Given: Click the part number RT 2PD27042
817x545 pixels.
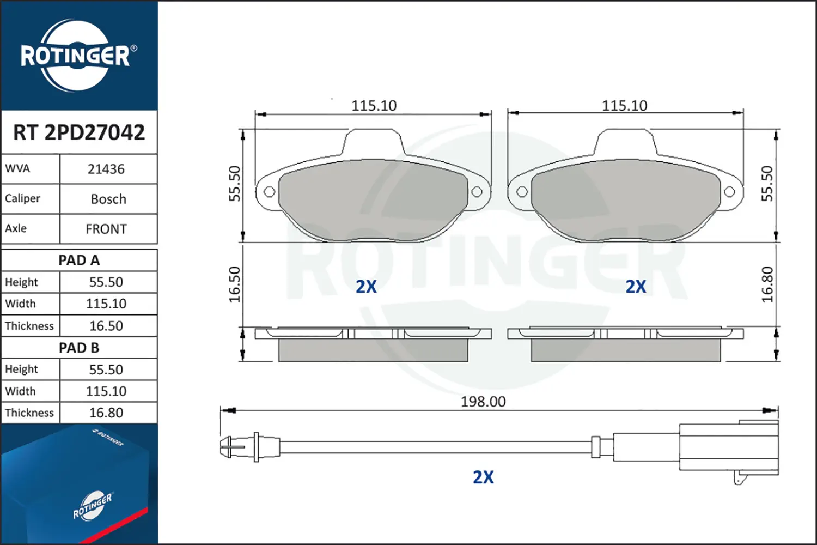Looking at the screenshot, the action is [x=79, y=132].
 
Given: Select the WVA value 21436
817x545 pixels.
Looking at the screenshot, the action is [x=106, y=169].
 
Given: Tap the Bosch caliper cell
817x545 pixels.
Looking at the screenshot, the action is [x=108, y=199].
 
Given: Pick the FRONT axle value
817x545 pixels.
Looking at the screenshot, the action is [x=106, y=229].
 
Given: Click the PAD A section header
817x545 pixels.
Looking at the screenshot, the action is [x=79, y=261].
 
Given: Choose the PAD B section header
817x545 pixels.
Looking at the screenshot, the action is [x=79, y=348].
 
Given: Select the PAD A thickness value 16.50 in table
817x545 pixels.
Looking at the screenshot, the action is [x=106, y=325].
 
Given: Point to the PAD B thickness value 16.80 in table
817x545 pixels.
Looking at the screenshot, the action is [x=106, y=413].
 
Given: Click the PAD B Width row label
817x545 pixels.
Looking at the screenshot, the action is [x=21, y=391].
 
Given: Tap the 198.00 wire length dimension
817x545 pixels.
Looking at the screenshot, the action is [x=483, y=402].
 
